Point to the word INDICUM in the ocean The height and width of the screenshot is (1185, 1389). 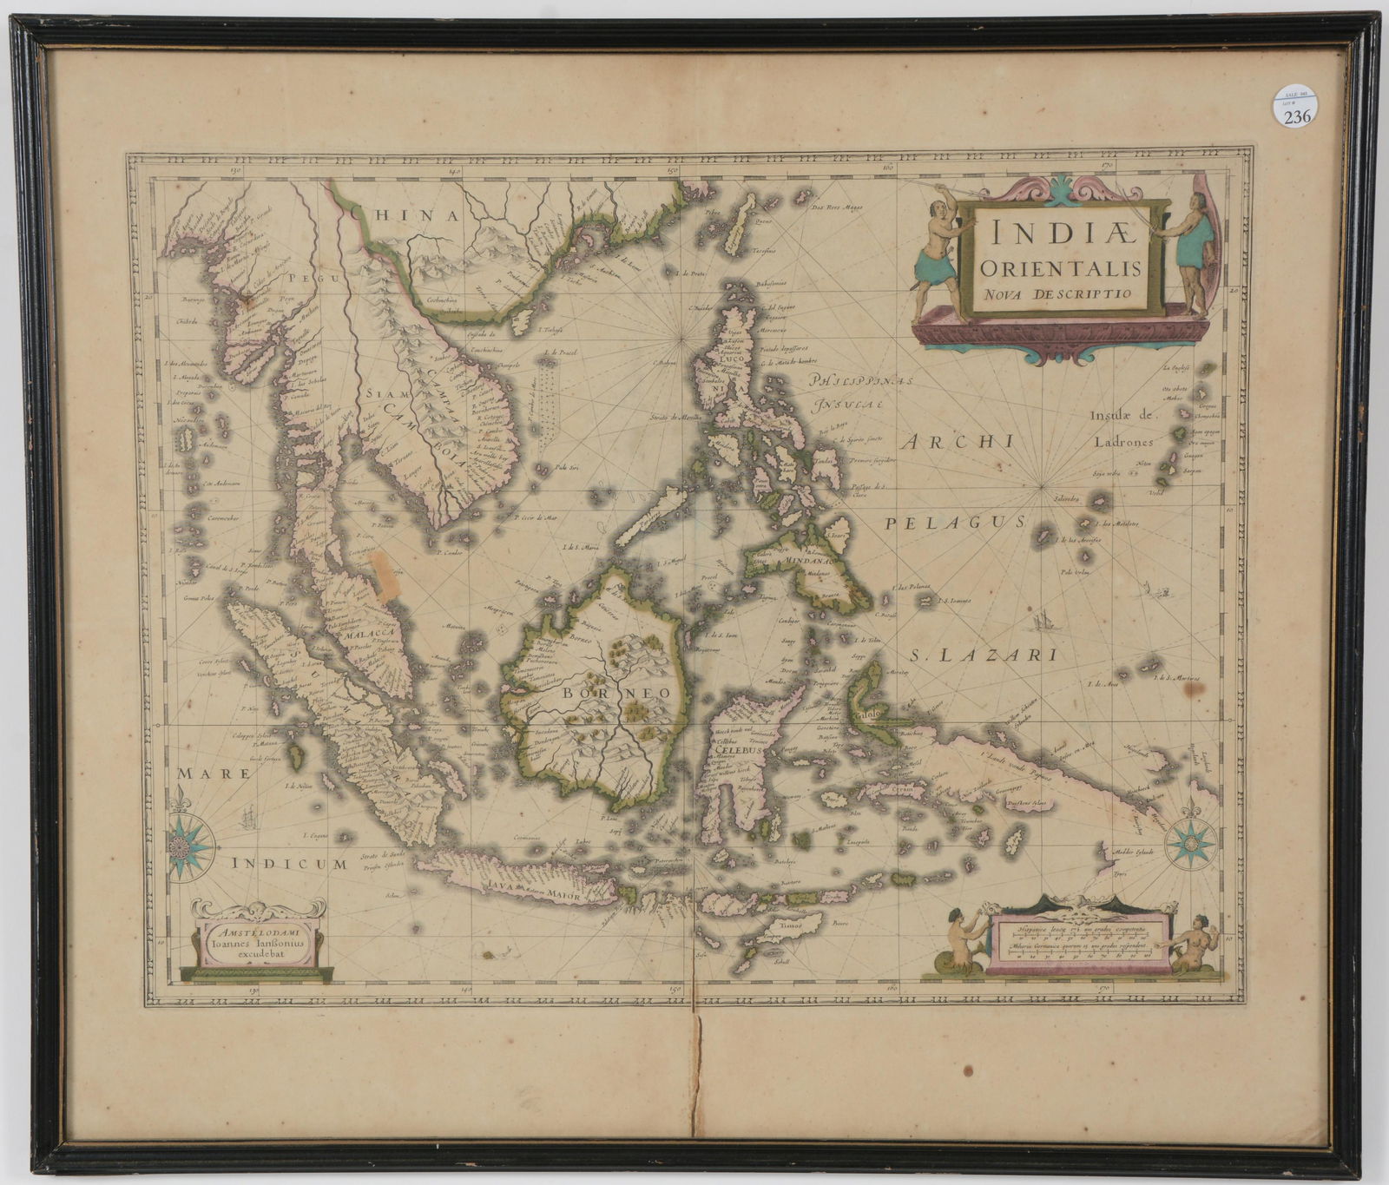pyautogui.click(x=289, y=863)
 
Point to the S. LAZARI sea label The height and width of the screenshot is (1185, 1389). pyautogui.click(x=985, y=655)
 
